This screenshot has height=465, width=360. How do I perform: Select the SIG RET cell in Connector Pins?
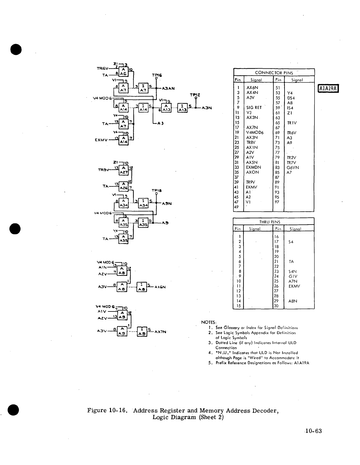click(254, 108)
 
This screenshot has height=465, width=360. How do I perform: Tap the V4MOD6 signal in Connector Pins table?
click(255, 132)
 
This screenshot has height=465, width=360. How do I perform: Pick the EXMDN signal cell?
click(253, 167)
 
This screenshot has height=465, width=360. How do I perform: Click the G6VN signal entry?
click(293, 167)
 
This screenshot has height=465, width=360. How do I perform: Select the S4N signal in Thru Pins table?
click(293, 272)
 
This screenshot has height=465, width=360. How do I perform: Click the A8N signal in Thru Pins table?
click(293, 301)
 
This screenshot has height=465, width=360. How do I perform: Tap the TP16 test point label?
click(156, 75)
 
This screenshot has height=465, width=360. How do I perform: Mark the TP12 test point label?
click(195, 95)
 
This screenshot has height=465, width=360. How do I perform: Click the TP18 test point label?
click(156, 191)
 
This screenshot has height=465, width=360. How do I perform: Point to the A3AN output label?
click(168, 88)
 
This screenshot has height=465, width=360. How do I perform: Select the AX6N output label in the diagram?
click(160, 287)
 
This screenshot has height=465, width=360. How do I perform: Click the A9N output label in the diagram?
click(166, 203)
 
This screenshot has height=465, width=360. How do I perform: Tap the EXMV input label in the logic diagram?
click(102, 140)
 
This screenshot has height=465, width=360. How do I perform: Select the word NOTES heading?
click(208, 322)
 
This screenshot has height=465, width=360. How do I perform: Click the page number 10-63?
click(313, 431)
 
